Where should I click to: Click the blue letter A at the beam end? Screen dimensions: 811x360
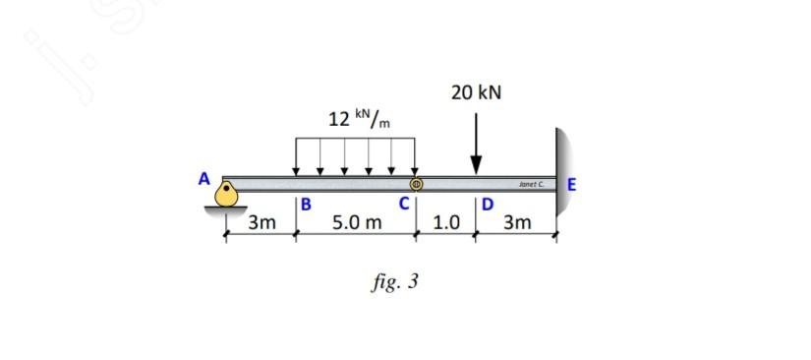pos(204,179)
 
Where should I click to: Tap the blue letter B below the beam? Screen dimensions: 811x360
pos(306,205)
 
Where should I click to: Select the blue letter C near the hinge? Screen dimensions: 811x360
pos(404,204)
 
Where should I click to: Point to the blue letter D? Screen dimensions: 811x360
pos(488,205)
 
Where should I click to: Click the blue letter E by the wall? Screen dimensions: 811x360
pos(571,185)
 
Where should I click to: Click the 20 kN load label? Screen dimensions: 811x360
pos(476,93)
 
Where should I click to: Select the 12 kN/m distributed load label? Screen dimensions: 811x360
pos(359,118)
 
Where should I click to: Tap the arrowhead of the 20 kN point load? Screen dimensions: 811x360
pos(476,165)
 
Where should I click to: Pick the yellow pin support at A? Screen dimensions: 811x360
pos(226,193)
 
